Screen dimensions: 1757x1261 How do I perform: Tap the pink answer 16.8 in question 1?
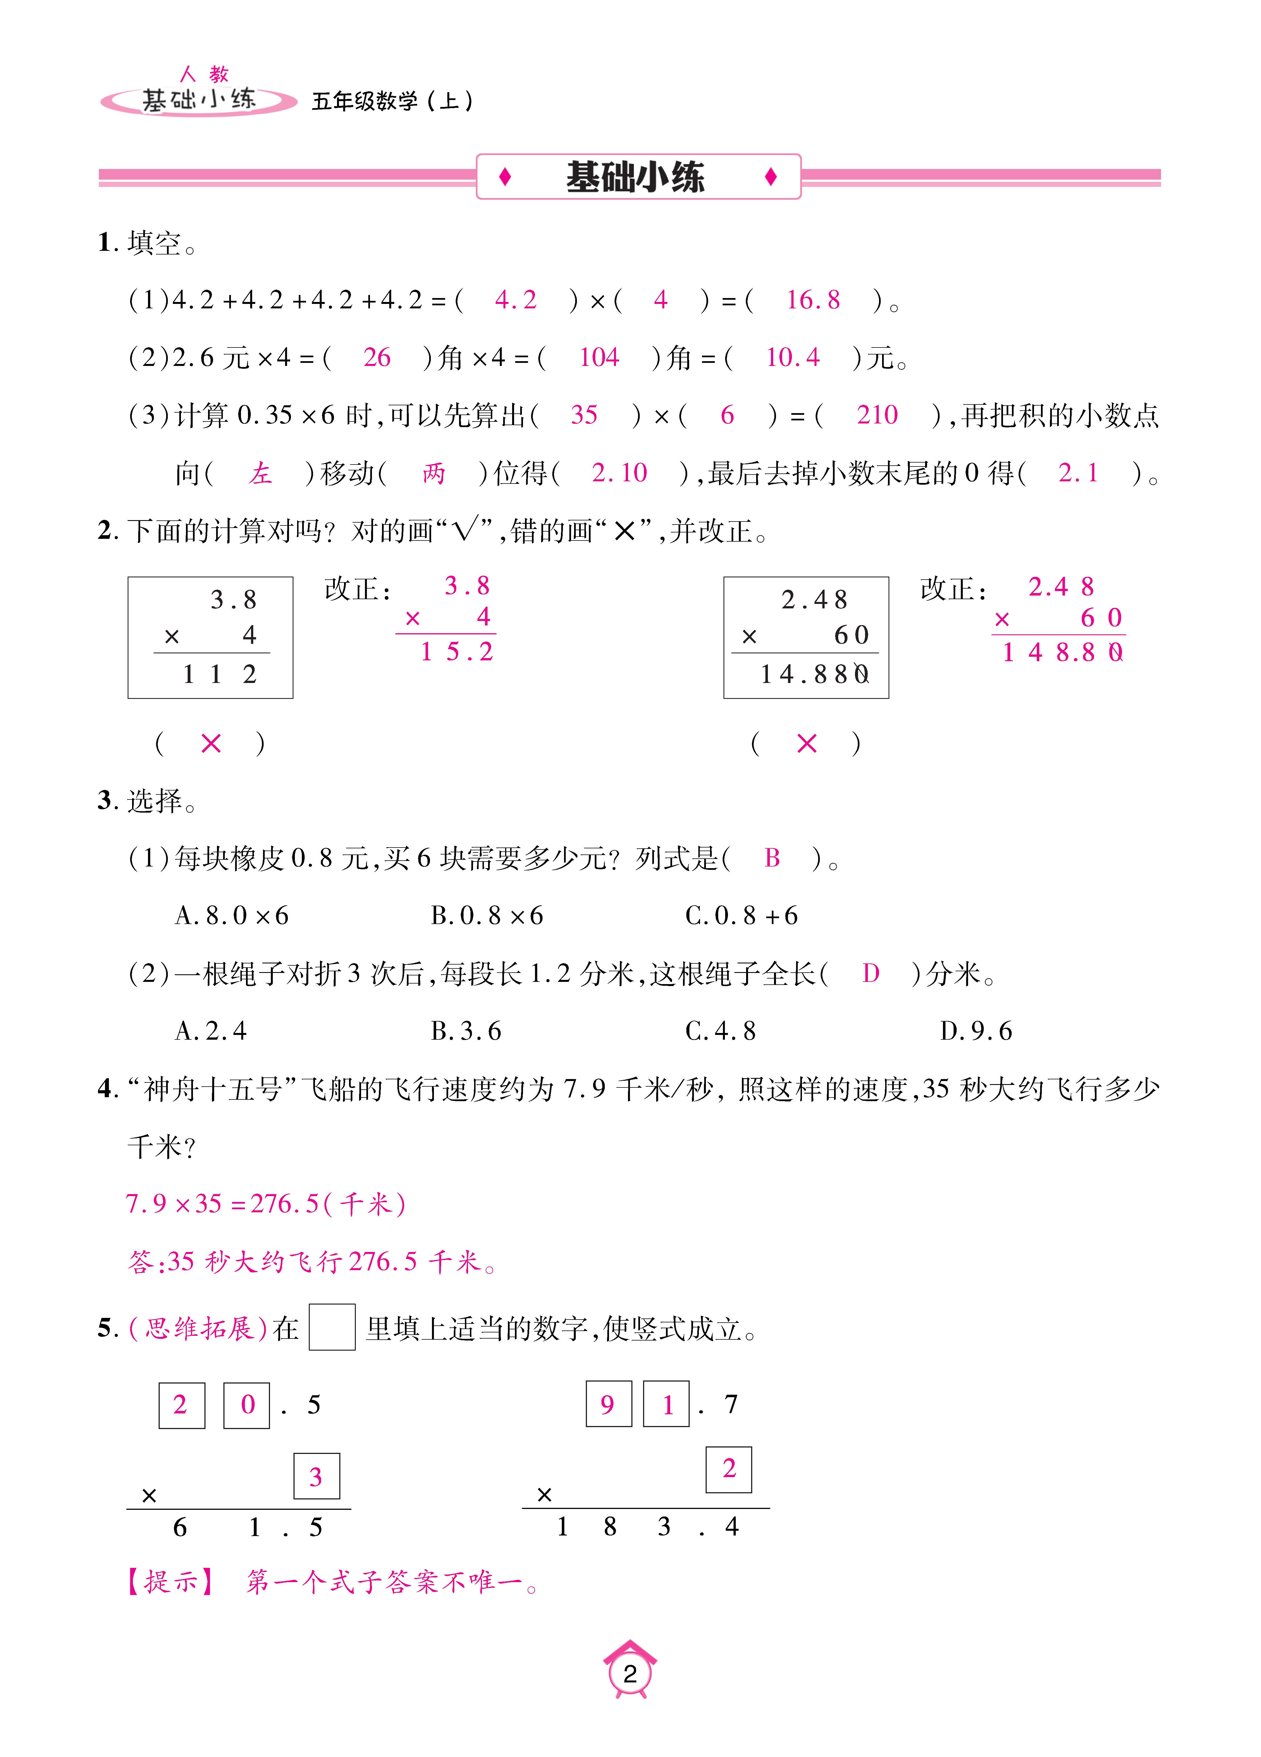(x=813, y=300)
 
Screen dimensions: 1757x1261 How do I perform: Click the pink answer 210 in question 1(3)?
(x=877, y=415)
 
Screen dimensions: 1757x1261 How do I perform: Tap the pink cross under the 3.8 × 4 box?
(x=211, y=744)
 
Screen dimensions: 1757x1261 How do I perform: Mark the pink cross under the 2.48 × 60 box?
(x=806, y=744)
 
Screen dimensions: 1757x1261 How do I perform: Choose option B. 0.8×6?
(x=486, y=916)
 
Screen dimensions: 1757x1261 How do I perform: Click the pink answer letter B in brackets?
(x=772, y=858)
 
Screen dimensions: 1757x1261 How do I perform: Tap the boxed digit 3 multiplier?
(x=316, y=1477)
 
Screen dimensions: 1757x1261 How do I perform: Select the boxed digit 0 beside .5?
(x=247, y=1404)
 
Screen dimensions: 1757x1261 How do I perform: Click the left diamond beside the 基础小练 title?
(x=505, y=177)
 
